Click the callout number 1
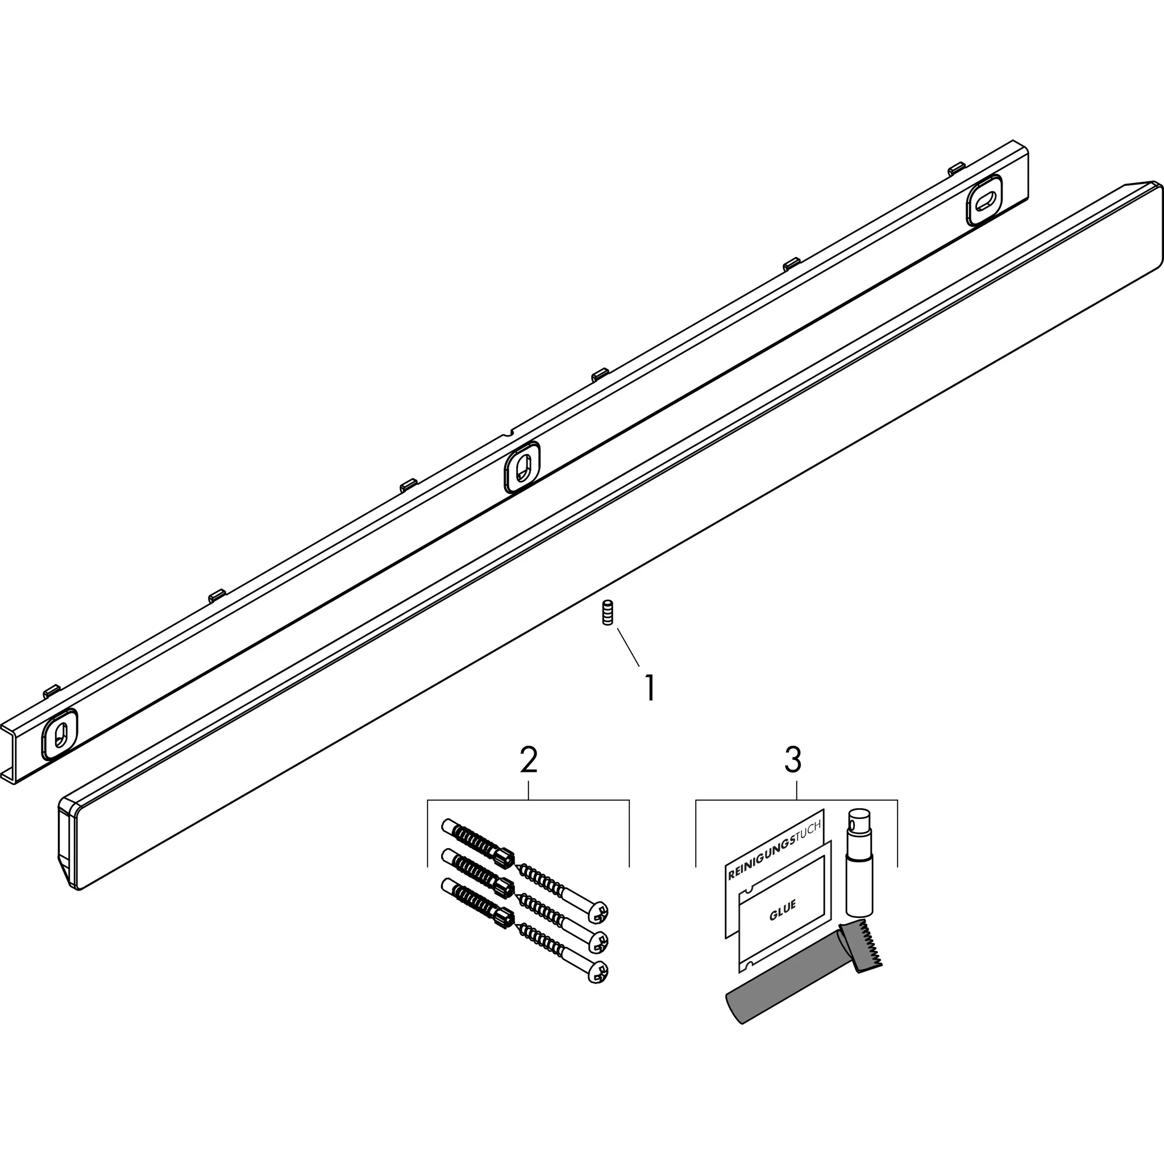click(649, 688)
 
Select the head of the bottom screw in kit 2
click(598, 971)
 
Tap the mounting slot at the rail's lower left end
click(60, 733)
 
